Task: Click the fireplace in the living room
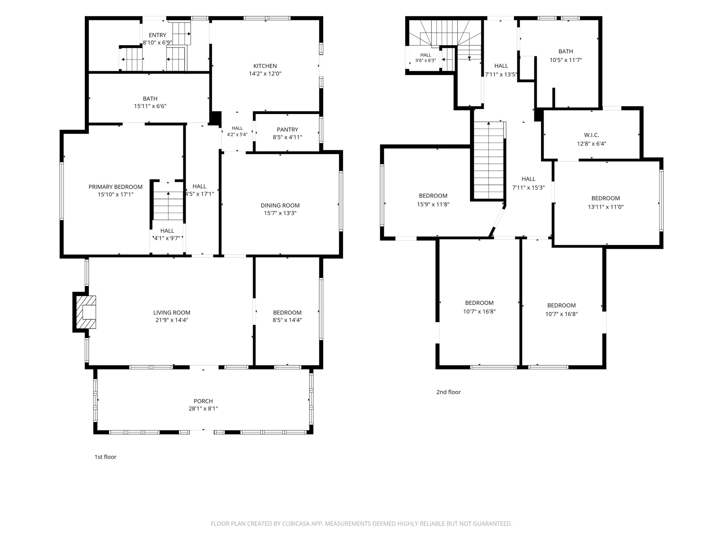(x=86, y=312)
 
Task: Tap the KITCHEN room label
(x=265, y=66)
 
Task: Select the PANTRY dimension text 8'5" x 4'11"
(x=287, y=137)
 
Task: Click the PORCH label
(x=203, y=401)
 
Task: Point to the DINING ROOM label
(x=280, y=206)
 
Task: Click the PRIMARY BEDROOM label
(x=116, y=187)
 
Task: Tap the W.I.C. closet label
(x=592, y=135)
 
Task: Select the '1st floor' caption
(x=105, y=457)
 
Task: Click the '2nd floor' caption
(x=448, y=392)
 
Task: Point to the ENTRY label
(x=158, y=35)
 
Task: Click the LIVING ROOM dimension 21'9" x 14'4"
(x=172, y=320)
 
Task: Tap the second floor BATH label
(x=566, y=51)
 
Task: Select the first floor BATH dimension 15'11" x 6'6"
(x=150, y=106)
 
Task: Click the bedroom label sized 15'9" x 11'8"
(x=433, y=196)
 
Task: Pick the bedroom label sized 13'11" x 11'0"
(x=606, y=198)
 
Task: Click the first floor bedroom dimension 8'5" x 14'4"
(x=287, y=320)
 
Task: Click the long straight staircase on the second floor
(x=489, y=160)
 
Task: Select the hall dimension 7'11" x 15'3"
(x=528, y=187)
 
